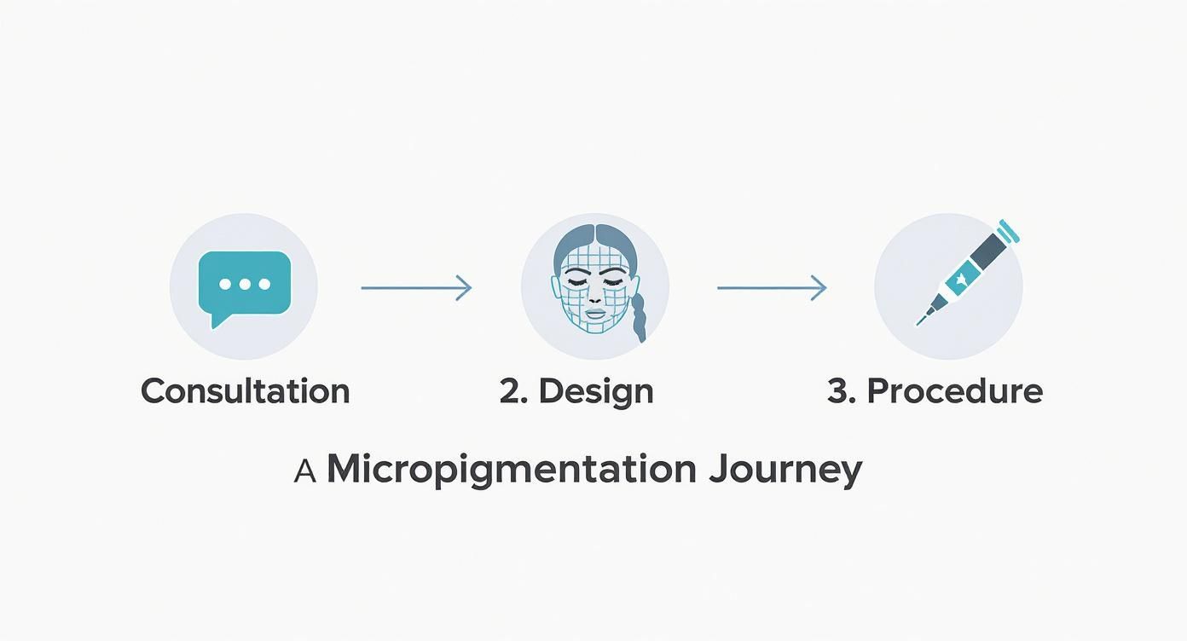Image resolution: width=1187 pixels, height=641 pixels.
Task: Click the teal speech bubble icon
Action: [244, 286]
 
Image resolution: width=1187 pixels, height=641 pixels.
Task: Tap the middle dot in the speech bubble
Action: [245, 285]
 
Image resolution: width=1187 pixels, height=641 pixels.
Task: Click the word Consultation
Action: [246, 391]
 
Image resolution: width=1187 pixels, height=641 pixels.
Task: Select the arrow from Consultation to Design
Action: [416, 288]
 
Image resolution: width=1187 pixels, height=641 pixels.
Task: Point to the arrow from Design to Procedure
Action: [772, 288]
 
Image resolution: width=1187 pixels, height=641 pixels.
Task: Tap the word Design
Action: [596, 394]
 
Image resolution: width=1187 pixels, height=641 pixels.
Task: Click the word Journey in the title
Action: [786, 471]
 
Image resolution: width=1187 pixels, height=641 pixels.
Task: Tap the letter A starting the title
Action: [305, 471]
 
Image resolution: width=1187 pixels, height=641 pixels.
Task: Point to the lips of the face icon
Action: [594, 314]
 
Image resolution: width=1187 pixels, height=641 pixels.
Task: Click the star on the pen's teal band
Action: [960, 280]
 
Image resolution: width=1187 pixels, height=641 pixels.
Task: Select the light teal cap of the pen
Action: [1009, 232]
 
